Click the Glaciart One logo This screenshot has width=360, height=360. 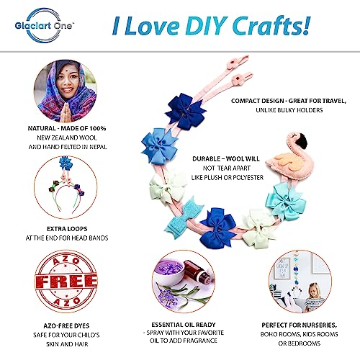(44, 25)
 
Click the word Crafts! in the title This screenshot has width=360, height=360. (271, 25)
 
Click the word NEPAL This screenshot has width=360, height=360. (98, 147)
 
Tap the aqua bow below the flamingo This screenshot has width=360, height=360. (286, 200)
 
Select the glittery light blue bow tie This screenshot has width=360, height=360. (184, 218)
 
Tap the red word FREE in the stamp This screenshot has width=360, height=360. (66, 282)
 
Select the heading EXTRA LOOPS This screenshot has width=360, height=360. (67, 229)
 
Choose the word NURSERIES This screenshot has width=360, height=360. (319, 325)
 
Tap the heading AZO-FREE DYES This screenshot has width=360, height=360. (66, 325)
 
